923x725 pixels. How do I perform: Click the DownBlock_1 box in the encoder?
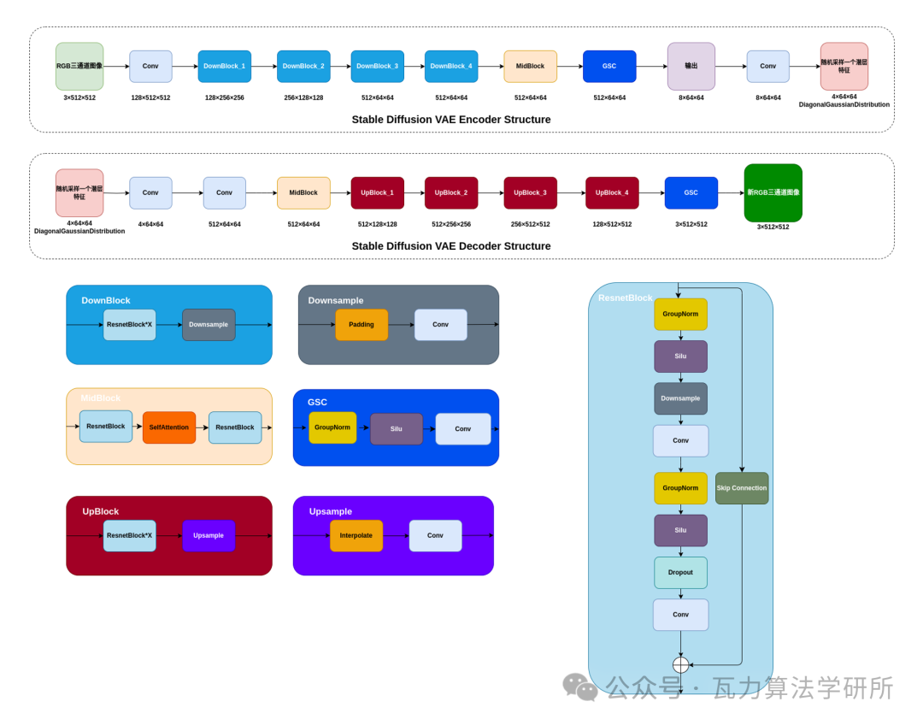[224, 66]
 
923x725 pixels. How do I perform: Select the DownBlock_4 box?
[451, 66]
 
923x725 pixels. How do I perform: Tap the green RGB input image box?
[79, 66]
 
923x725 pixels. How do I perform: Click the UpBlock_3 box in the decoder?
[531, 192]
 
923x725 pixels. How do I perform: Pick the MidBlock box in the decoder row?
[303, 192]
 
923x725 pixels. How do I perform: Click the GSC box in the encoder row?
[609, 66]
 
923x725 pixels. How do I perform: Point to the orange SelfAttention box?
[169, 427]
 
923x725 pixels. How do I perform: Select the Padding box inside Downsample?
[362, 325]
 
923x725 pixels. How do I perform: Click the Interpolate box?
[356, 535]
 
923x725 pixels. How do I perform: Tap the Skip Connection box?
[742, 487]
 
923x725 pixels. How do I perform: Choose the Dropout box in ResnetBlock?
[680, 573]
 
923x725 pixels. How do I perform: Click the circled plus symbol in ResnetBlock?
[680, 665]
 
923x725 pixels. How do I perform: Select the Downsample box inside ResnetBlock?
[680, 398]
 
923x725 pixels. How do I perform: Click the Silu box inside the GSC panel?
[397, 428]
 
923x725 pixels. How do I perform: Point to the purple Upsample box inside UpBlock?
[209, 535]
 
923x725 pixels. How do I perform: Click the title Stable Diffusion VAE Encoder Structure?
[451, 120]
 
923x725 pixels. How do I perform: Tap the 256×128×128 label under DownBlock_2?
[303, 97]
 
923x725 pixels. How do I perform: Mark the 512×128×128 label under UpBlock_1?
[378, 224]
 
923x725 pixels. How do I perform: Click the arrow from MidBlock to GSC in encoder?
[570, 66]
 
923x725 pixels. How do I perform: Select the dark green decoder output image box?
[773, 192]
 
